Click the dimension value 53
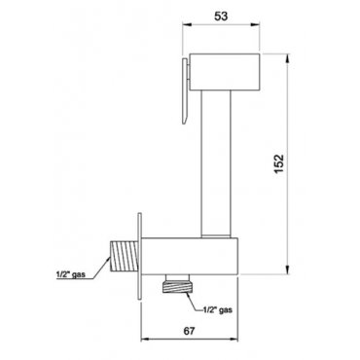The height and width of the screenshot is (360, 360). [x=221, y=16]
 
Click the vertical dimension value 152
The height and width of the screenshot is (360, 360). [x=279, y=164]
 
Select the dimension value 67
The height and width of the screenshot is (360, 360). [x=190, y=331]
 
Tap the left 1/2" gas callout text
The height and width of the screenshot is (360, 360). [x=70, y=274]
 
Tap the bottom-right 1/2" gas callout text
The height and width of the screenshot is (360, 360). [x=218, y=309]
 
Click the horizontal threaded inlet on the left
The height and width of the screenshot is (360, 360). [x=125, y=256]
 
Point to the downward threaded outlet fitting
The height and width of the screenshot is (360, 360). [x=177, y=284]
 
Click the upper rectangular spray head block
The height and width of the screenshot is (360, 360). [x=225, y=71]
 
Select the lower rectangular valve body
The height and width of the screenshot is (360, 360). [x=191, y=257]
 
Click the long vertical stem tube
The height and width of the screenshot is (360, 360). [x=216, y=162]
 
